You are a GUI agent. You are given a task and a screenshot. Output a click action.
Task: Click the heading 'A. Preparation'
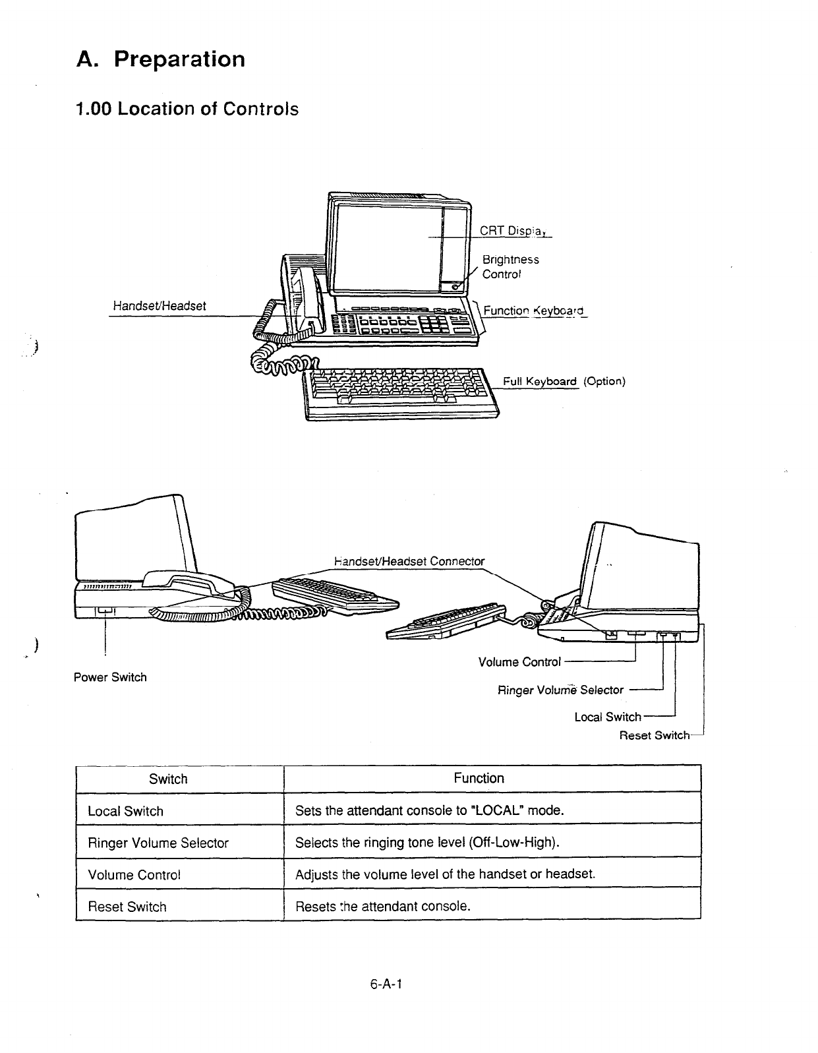pyautogui.click(x=161, y=59)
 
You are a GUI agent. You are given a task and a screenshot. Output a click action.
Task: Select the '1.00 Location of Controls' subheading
pyautogui.click(x=187, y=109)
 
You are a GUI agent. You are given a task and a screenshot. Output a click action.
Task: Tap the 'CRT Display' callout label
pyautogui.click(x=515, y=231)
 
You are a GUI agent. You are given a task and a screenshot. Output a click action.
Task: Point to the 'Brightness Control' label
pyautogui.click(x=510, y=267)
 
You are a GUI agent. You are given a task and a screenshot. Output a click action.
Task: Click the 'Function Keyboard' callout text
pyautogui.click(x=533, y=311)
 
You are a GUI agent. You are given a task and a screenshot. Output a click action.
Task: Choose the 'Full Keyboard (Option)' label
pyautogui.click(x=564, y=381)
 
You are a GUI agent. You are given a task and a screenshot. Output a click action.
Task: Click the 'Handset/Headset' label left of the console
pyautogui.click(x=160, y=306)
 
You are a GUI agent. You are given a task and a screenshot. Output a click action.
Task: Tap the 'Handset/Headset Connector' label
pyautogui.click(x=409, y=561)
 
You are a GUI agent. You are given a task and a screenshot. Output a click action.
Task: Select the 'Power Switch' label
pyautogui.click(x=110, y=677)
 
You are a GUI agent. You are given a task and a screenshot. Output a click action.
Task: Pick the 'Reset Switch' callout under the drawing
pyautogui.click(x=654, y=735)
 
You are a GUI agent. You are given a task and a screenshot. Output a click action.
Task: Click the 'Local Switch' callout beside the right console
pyautogui.click(x=607, y=717)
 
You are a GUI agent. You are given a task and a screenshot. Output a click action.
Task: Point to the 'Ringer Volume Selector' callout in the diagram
pyautogui.click(x=560, y=690)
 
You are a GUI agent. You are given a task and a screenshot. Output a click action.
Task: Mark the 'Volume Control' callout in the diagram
pyautogui.click(x=519, y=661)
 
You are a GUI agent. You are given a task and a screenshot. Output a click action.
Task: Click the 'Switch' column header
pyautogui.click(x=168, y=779)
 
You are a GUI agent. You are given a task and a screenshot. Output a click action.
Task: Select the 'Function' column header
pyautogui.click(x=479, y=778)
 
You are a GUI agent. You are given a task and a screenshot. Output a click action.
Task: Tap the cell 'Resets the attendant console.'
pyautogui.click(x=383, y=906)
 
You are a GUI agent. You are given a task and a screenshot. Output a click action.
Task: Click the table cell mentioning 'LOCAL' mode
pyautogui.click(x=430, y=810)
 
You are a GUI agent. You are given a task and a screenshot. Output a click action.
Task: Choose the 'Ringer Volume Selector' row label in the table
pyautogui.click(x=158, y=843)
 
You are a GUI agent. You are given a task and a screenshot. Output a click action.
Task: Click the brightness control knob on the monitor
pyautogui.click(x=454, y=286)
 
